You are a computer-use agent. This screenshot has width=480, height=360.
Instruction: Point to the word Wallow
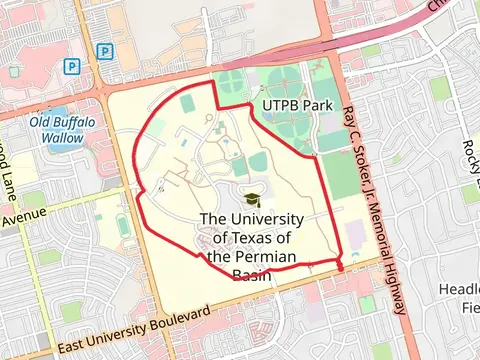point(62,138)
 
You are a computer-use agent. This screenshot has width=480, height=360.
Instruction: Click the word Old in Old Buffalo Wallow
point(41,123)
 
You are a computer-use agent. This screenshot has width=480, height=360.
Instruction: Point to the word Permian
point(262,256)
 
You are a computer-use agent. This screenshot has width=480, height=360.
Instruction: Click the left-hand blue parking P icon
point(72,67)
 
